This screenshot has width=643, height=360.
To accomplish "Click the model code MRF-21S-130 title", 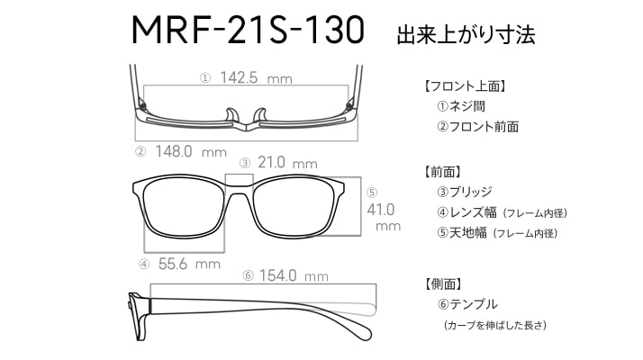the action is tap(248, 30).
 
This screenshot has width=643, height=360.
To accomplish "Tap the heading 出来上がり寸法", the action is tap(466, 34).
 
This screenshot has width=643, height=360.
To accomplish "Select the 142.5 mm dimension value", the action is tap(256, 77).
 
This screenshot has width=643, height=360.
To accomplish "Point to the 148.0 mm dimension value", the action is tap(191, 152).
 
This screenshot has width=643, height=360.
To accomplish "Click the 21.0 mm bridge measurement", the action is tap(287, 163).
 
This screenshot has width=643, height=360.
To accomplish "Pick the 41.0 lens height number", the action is tap(381, 210).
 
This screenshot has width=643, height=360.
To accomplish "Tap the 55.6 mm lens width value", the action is tap(189, 264).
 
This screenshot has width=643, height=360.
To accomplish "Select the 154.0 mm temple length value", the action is tap(294, 275).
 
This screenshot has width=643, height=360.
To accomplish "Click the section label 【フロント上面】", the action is tap(465, 86).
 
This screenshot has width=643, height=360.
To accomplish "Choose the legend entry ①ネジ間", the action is tap(461, 106).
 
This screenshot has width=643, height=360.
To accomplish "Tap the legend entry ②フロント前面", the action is tap(477, 127).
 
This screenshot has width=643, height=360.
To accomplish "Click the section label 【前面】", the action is tap(442, 172).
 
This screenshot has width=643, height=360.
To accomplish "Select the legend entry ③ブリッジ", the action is tap(464, 192).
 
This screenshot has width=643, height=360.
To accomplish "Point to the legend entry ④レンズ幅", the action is tap(466, 212).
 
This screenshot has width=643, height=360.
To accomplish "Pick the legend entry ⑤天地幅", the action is tap(462, 233).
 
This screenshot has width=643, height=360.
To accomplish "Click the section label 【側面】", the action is tap(443, 283).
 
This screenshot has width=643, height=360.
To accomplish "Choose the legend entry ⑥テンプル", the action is tap(467, 304).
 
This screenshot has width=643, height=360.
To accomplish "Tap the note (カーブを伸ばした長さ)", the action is tap(495, 325).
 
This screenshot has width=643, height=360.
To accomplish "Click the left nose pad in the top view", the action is tap(231, 115).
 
